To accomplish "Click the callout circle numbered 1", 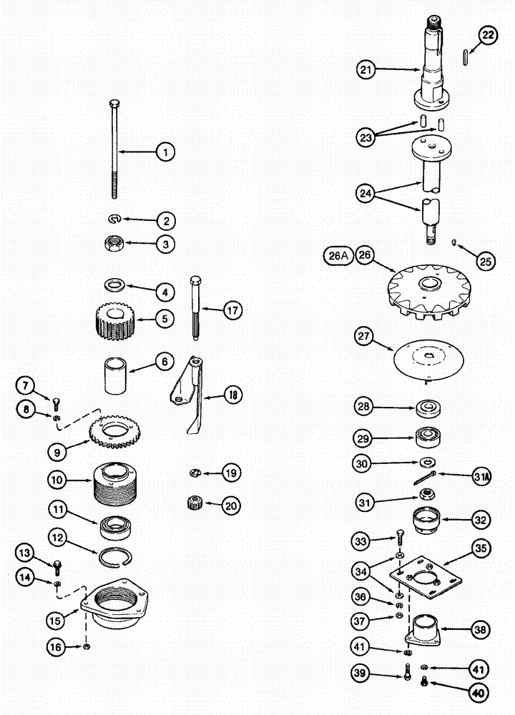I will click(x=165, y=152).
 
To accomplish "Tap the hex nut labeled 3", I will click(x=114, y=243).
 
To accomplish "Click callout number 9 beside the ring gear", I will click(x=58, y=451).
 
